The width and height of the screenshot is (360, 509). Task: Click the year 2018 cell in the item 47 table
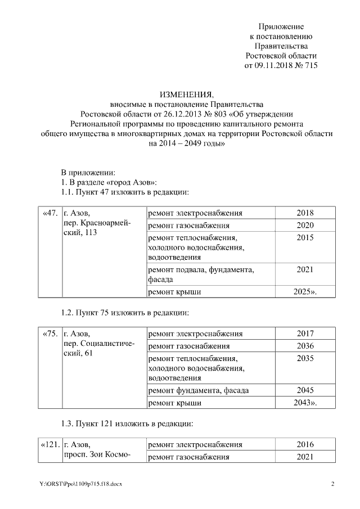click(x=304, y=213)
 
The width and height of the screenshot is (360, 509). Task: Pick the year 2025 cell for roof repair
click(x=304, y=292)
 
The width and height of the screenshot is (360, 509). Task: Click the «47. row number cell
click(x=50, y=213)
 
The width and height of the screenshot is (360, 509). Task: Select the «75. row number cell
click(x=50, y=334)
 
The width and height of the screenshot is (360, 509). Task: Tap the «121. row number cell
click(x=50, y=445)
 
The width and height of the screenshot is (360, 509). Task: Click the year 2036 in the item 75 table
click(x=304, y=346)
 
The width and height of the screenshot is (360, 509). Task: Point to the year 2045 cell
click(x=304, y=390)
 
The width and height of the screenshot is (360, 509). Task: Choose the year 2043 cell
click(x=304, y=403)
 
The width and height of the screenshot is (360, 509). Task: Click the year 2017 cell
click(x=304, y=334)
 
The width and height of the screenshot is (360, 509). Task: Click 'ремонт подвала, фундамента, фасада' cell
click(x=200, y=274)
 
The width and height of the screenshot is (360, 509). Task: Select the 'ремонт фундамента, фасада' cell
click(x=197, y=390)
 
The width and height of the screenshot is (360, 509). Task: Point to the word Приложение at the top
click(x=281, y=26)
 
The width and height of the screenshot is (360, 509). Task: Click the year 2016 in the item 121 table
click(x=304, y=445)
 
